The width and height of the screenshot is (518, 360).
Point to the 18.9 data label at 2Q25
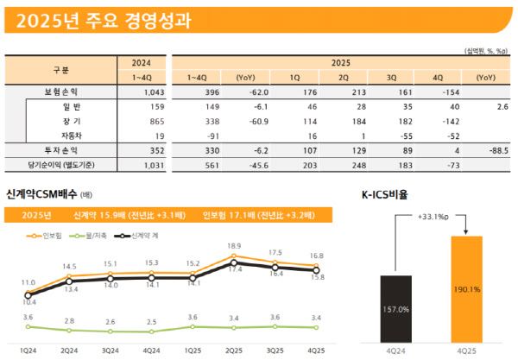click(234, 246)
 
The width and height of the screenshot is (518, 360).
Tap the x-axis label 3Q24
click(110, 350)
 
